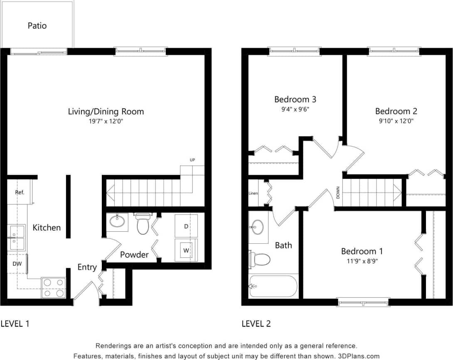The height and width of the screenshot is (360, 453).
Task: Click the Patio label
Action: [x=37, y=26]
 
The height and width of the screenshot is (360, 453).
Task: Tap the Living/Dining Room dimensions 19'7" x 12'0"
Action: [x=106, y=122]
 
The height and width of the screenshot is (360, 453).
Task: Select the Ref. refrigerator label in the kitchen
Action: [x=20, y=193]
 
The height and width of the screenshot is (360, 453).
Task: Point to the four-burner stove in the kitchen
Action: [x=54, y=288]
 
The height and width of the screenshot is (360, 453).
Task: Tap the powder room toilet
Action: [x=143, y=224]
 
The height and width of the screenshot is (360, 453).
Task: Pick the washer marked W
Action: [x=186, y=250]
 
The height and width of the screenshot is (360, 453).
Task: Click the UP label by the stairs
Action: [x=192, y=160]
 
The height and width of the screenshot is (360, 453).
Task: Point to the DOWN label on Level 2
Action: [x=338, y=193]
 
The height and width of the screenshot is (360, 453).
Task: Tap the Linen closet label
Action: [x=253, y=193]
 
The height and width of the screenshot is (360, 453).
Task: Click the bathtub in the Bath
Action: [x=273, y=286]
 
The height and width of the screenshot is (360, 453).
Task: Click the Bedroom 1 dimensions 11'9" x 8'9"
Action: [x=362, y=261]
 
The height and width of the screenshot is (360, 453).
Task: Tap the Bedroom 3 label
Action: [x=295, y=99]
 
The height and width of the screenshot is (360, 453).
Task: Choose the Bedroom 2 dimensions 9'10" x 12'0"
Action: [x=396, y=121]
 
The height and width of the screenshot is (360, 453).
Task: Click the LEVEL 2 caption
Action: [x=256, y=323]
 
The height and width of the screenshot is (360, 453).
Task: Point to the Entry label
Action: [x=87, y=267]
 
